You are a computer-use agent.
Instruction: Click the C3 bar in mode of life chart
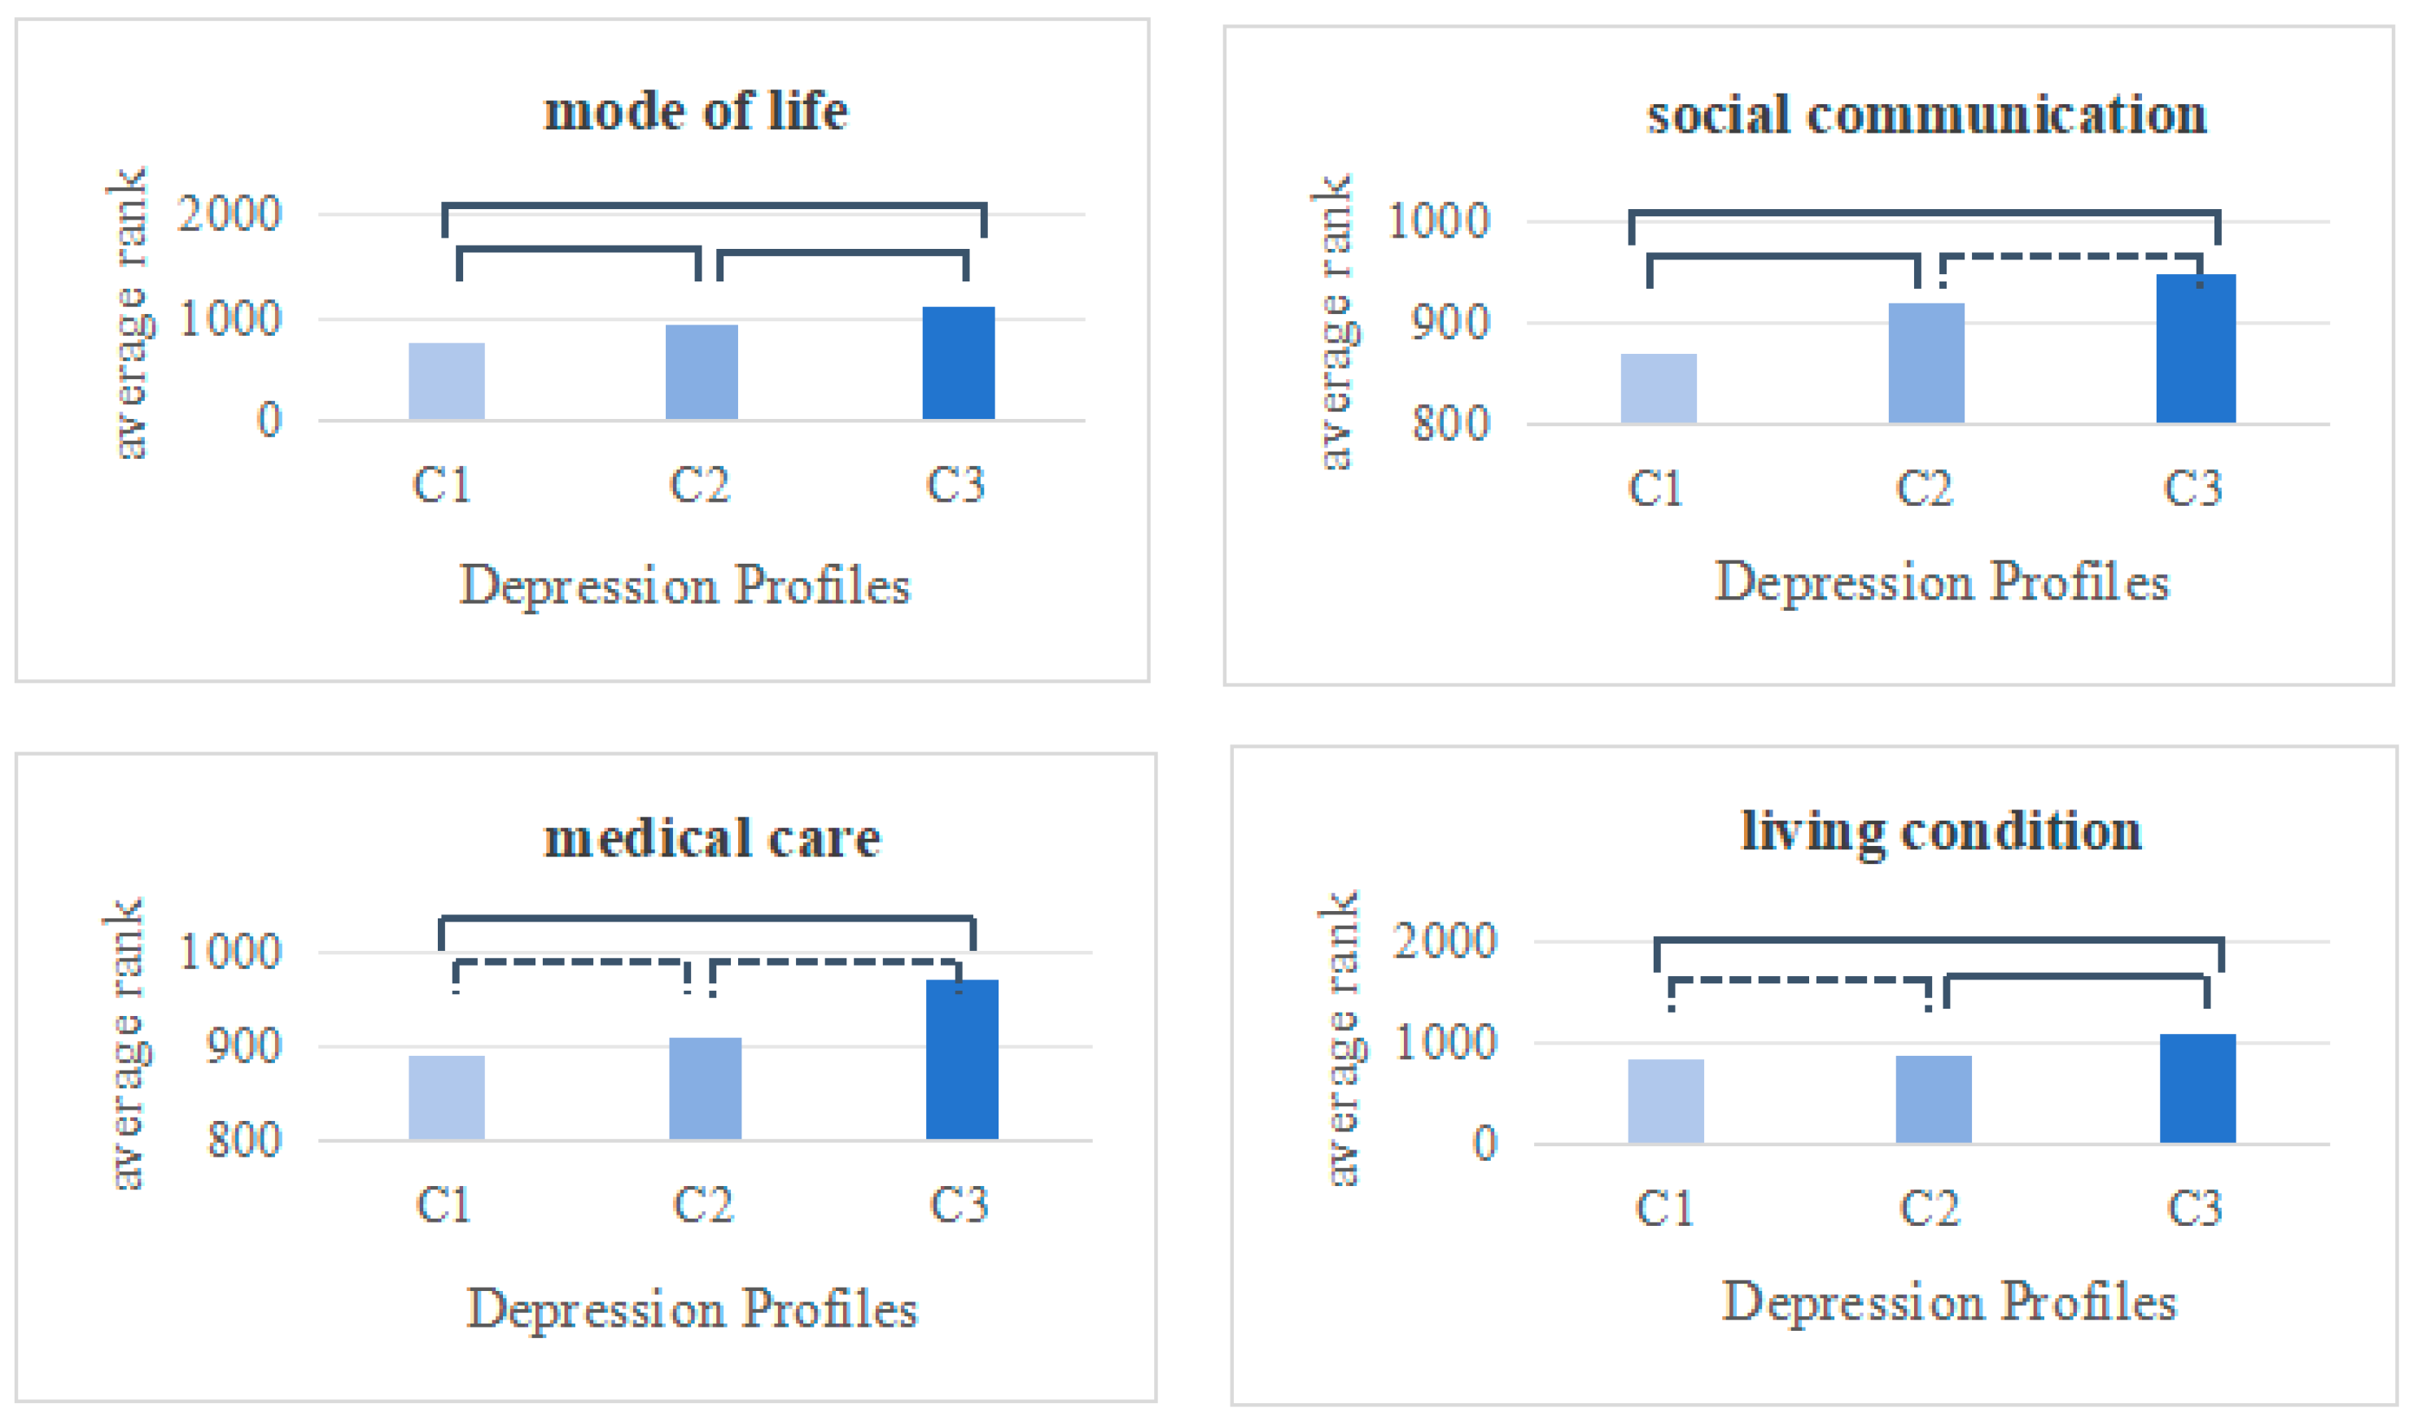959,364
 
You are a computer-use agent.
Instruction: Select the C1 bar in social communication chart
1659,388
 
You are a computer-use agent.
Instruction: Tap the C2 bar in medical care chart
705,1088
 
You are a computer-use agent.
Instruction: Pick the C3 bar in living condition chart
2197,1088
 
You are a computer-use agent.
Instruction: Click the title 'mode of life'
696,111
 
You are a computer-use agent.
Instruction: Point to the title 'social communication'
1926,116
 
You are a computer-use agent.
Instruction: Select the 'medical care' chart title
711,838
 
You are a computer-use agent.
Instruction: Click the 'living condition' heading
1941,831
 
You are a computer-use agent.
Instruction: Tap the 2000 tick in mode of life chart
229,213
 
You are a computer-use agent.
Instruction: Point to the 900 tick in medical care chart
244,1045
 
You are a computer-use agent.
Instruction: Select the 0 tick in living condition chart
1485,1144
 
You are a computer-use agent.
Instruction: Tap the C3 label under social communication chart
2192,488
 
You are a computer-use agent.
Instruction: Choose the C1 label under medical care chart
444,1205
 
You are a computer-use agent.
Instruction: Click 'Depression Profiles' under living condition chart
1948,1302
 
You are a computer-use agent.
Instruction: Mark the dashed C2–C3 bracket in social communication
2072,256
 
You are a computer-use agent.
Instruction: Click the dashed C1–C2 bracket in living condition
1799,980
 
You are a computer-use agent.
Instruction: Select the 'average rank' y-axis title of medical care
126,1044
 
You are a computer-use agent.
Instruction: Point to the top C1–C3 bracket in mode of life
715,205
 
